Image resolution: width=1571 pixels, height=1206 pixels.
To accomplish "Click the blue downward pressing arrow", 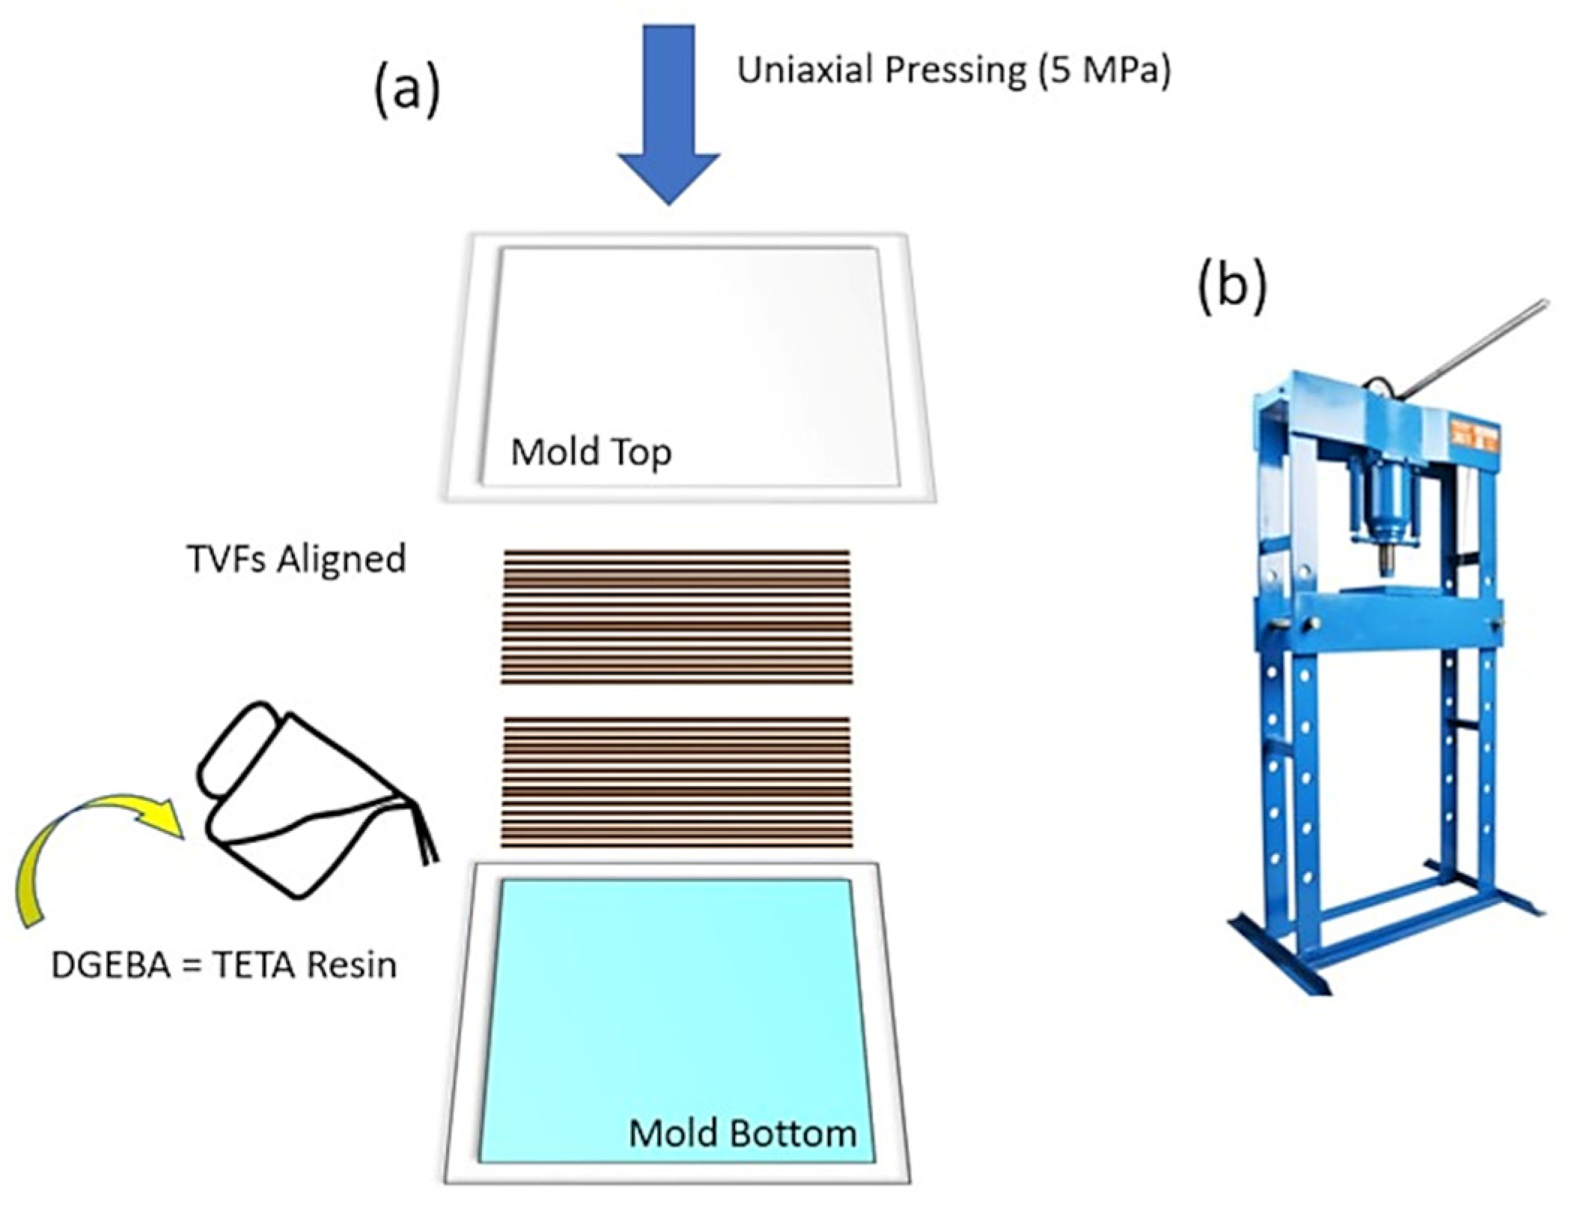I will tap(668, 112).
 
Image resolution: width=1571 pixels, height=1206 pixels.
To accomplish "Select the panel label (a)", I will tap(407, 91).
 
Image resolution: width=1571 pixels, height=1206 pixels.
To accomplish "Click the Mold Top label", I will tap(591, 452).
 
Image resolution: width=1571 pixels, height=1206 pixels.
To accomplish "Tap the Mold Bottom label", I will tap(742, 1133).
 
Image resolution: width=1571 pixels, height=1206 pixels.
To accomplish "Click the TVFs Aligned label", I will tap(296, 559).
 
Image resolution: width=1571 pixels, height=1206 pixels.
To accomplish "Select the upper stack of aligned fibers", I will tap(676, 617).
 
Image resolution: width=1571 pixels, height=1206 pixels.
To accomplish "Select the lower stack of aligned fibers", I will tap(676, 782).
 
